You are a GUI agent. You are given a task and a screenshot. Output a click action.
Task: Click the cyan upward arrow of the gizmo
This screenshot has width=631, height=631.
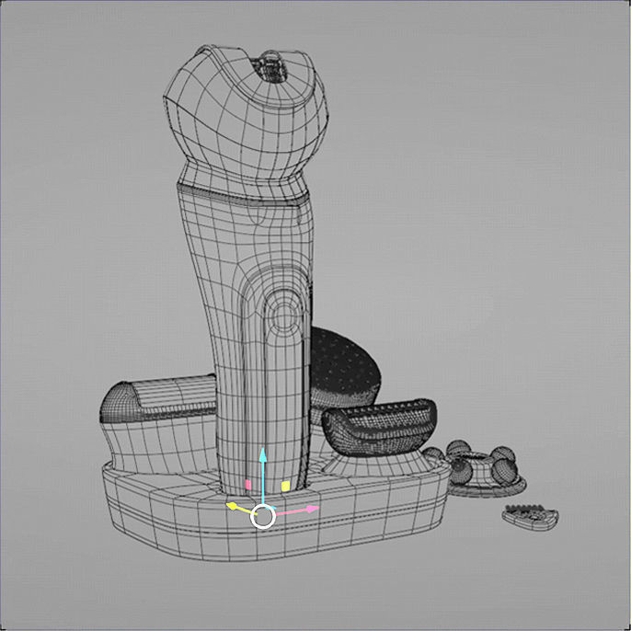pos(263,456)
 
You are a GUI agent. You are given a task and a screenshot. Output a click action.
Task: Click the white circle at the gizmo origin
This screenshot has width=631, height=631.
pos(263,517)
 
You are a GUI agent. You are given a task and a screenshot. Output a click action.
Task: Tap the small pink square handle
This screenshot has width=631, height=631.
pos(248,484)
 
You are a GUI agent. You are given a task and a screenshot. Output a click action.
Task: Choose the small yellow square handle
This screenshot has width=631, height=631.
pos(285,485)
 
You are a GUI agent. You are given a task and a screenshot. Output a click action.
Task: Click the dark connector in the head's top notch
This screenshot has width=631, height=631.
pos(269,65)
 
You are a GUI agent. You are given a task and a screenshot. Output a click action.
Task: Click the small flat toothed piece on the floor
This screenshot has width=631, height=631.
pos(531,517)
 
